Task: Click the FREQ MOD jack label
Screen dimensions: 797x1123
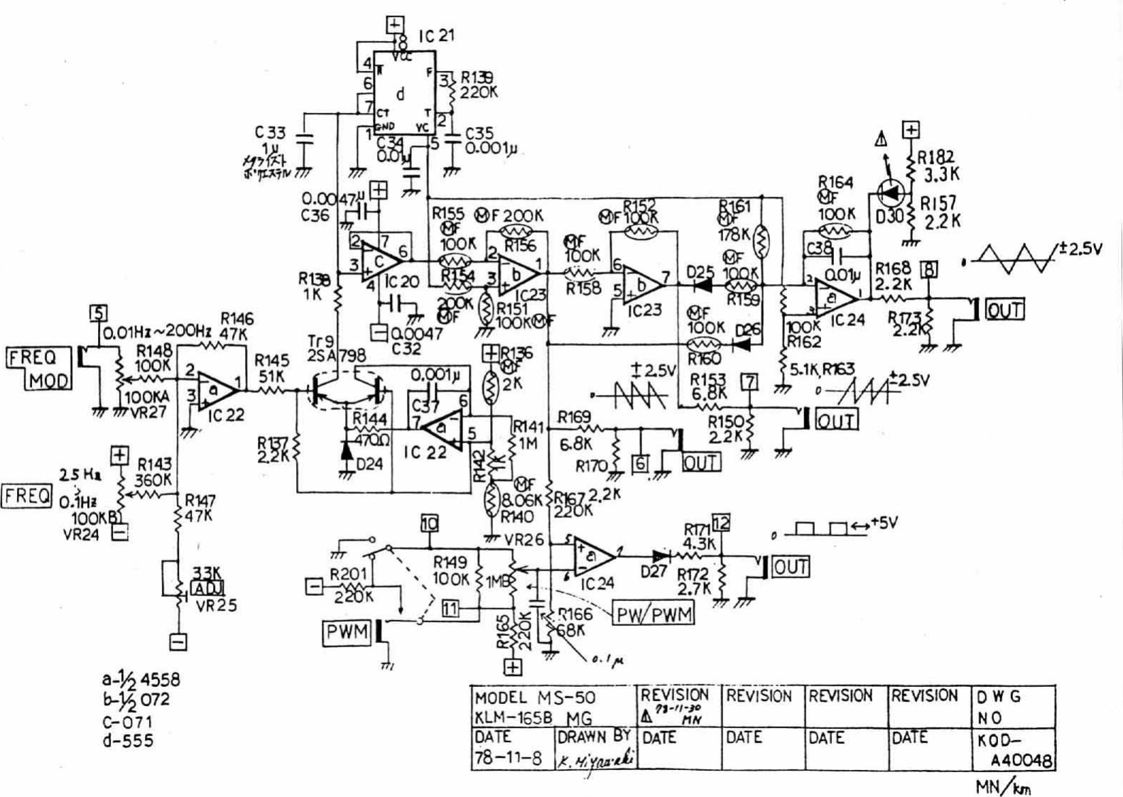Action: [x=40, y=368]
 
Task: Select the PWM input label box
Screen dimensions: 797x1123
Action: [x=347, y=631]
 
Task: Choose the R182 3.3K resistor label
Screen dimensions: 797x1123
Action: [x=936, y=165]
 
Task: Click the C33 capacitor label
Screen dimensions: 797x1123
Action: [x=271, y=133]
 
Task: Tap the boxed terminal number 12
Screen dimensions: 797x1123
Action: [x=720, y=524]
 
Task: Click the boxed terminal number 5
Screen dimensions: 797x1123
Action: [x=99, y=313]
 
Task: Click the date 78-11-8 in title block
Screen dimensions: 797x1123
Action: [x=508, y=758]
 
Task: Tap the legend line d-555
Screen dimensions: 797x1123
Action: [x=128, y=740]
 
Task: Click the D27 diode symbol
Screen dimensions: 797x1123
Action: [x=661, y=556]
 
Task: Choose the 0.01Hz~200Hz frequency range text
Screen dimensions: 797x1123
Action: [x=158, y=332]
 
